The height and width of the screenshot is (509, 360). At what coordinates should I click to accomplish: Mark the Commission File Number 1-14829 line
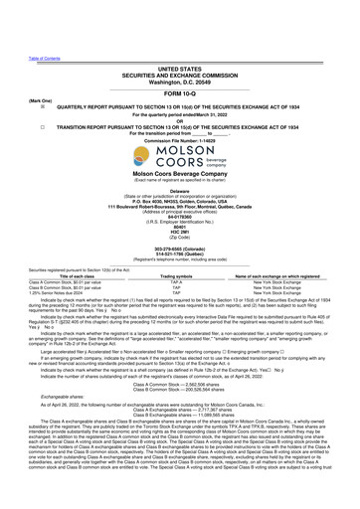(x=179, y=116)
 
